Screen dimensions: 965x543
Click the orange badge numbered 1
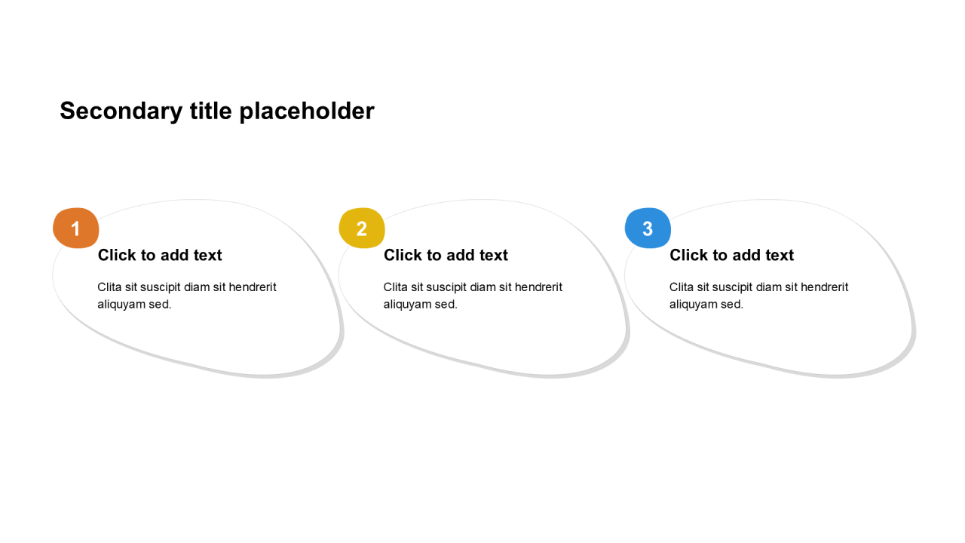pyautogui.click(x=76, y=228)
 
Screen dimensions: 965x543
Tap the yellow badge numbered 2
pyautogui.click(x=362, y=228)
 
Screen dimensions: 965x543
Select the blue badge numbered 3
pyautogui.click(x=648, y=228)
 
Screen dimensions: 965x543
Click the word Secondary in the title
pyautogui.click(x=121, y=112)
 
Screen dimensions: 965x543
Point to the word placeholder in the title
pyautogui.click(x=307, y=112)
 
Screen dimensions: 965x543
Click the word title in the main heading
pyautogui.click(x=211, y=111)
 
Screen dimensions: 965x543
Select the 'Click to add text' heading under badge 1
pyautogui.click(x=160, y=255)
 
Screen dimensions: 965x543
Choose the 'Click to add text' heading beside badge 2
pyautogui.click(x=446, y=255)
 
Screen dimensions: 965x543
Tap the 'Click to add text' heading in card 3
pyautogui.click(x=731, y=255)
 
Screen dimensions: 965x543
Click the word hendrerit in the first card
pyautogui.click(x=253, y=287)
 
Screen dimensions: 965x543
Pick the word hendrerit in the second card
pyautogui.click(x=538, y=287)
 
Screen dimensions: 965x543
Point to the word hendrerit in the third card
pyautogui.click(x=825, y=287)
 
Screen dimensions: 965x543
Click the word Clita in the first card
pyautogui.click(x=109, y=287)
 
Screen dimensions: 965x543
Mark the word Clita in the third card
pyautogui.click(x=682, y=287)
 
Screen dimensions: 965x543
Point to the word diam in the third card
pyautogui.click(x=768, y=287)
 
